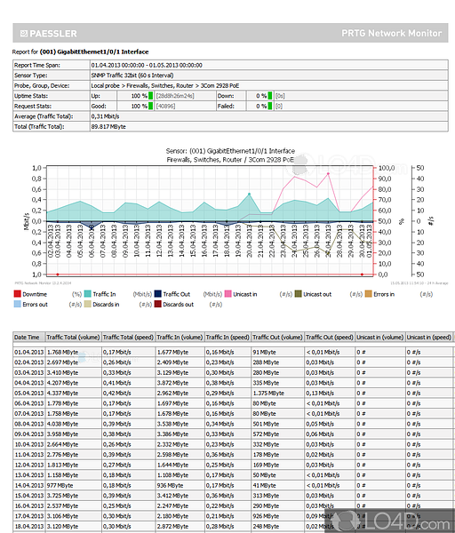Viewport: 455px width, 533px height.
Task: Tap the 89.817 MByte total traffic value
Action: tap(110, 125)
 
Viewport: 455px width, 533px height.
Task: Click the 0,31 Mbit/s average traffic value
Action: tap(107, 115)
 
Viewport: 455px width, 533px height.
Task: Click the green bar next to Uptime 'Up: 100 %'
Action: tap(151, 95)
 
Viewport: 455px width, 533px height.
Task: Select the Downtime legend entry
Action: tap(35, 293)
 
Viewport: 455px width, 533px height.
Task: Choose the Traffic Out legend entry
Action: tap(177, 293)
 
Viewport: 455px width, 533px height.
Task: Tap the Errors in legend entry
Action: tap(383, 293)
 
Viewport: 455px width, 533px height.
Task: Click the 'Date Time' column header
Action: tap(27, 338)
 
